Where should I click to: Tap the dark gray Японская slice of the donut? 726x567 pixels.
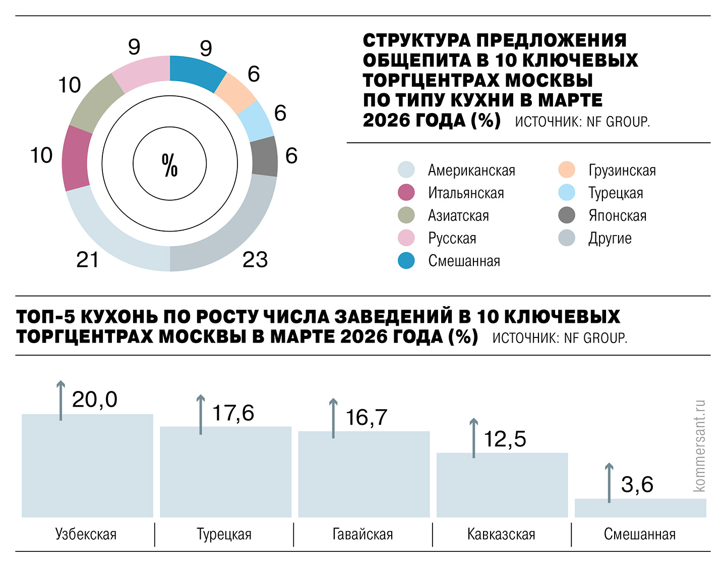[x=264, y=156]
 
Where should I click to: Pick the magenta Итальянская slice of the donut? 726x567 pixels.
[x=76, y=158]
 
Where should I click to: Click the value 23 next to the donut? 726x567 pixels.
[x=255, y=260]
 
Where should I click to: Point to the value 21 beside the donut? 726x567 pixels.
[x=87, y=260]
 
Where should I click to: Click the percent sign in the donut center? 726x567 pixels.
[x=170, y=165]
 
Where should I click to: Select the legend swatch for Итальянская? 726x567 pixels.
[x=406, y=193]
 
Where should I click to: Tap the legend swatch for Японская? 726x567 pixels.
[x=567, y=215]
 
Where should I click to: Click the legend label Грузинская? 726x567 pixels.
[x=622, y=171]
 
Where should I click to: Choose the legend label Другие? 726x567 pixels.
[x=610, y=238]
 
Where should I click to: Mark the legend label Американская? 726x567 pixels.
[x=471, y=171]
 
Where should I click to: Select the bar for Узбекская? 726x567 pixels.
[x=87, y=465]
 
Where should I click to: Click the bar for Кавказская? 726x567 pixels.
[x=502, y=485]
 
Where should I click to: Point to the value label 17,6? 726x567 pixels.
[x=233, y=413]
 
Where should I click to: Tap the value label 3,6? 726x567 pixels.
[x=637, y=485]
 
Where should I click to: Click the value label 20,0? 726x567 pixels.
[x=95, y=400]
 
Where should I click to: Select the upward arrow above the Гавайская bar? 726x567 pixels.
[x=333, y=418]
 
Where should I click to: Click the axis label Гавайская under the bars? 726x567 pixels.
[x=362, y=534]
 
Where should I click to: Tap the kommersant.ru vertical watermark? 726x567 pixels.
[x=699, y=446]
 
